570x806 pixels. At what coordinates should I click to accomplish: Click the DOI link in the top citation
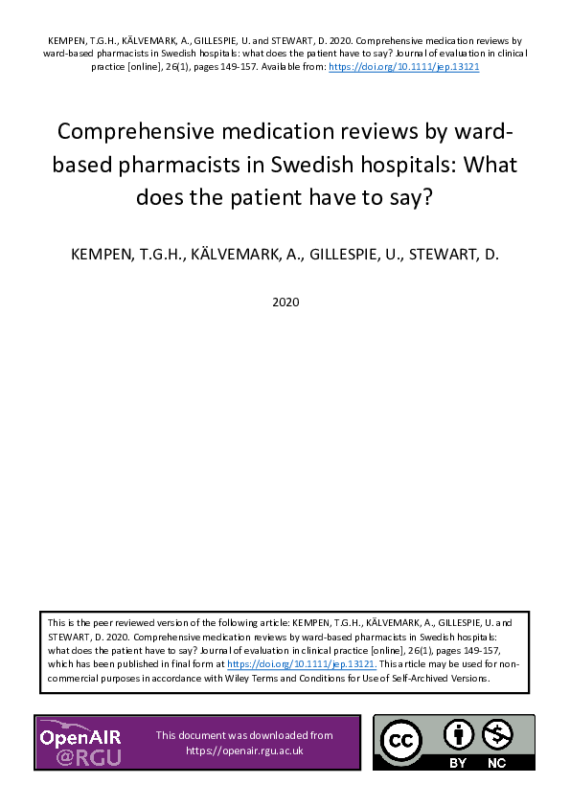click(403, 68)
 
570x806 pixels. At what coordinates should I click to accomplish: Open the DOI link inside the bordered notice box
click(302, 662)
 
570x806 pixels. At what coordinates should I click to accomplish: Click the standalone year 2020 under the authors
click(285, 302)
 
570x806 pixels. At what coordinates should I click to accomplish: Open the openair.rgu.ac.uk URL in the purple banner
click(244, 750)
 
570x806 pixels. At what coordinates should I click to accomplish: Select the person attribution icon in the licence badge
click(460, 735)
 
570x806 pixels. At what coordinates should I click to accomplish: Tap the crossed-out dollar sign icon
click(498, 735)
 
